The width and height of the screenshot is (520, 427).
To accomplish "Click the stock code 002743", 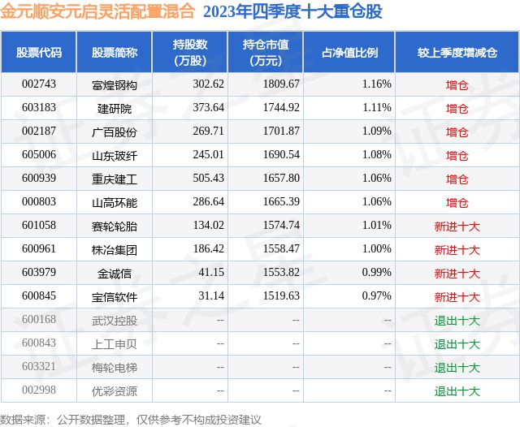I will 39,84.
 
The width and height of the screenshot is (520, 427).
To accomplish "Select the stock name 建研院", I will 115,107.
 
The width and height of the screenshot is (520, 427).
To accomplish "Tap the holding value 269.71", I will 185,132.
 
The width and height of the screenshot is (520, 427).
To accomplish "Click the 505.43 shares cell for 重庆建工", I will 185,179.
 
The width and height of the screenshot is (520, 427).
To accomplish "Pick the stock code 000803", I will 39,202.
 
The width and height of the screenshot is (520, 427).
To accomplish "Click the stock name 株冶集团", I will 115,249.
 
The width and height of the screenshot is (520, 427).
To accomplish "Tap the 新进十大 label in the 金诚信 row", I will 457,274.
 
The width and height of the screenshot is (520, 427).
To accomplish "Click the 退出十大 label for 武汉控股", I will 457,321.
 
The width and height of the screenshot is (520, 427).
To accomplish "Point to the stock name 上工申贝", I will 115,344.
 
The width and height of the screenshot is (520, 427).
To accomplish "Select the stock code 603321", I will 39,368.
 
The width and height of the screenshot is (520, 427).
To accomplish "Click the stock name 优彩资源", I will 115,391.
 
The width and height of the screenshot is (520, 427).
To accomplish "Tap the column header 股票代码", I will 39,52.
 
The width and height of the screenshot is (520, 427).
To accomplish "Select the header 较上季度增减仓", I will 457,52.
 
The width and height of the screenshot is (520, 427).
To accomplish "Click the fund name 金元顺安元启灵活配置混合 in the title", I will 98,11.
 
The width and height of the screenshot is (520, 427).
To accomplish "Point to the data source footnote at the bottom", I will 131,419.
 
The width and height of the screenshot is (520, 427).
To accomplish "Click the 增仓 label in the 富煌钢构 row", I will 457,84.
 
